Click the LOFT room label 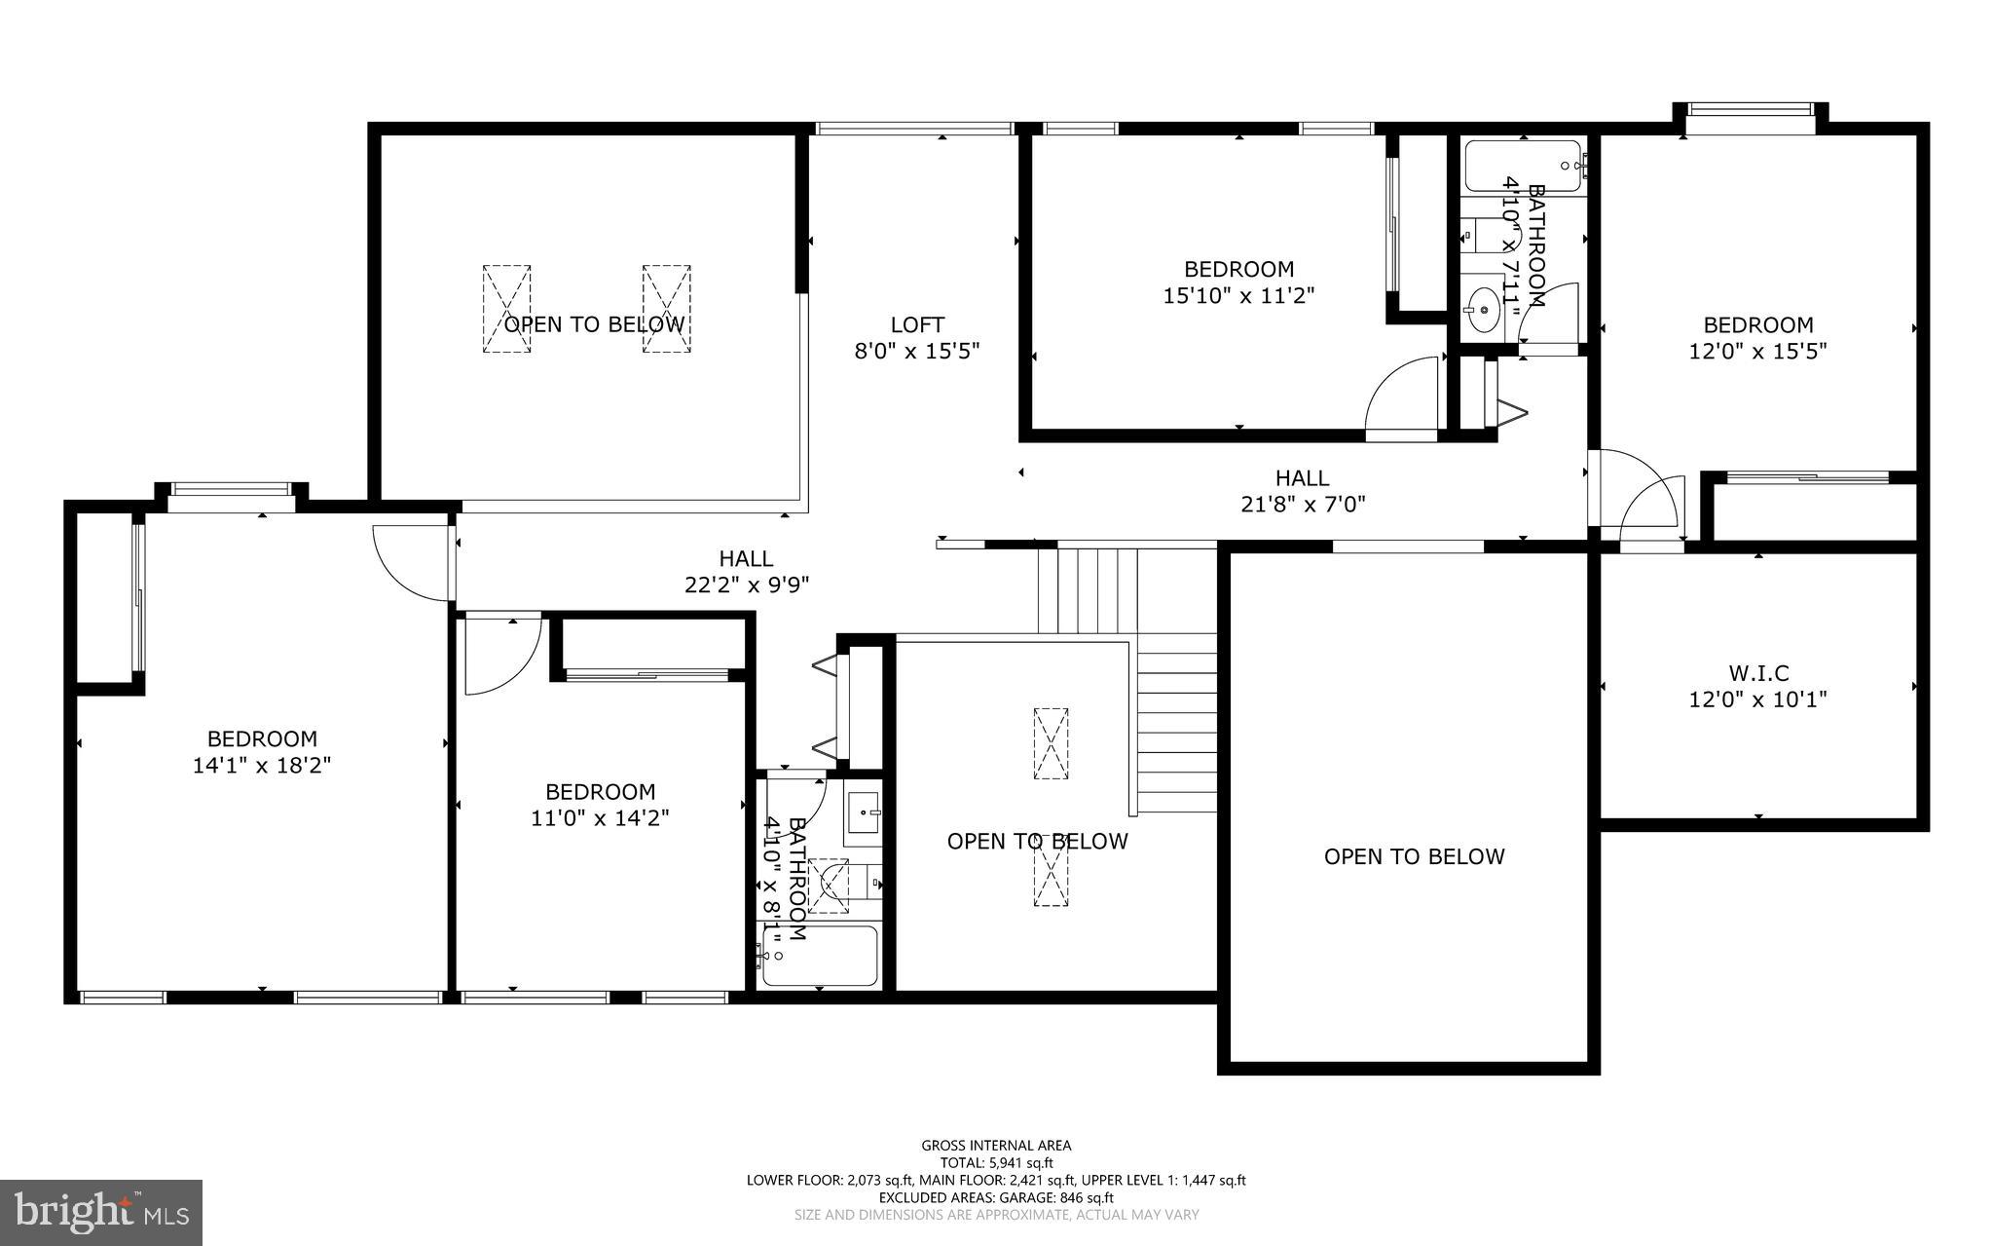point(917,324)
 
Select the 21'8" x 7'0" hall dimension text point(1302,505)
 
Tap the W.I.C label point(1758,673)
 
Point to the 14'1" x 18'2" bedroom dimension point(262,766)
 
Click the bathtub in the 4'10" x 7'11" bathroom point(1523,167)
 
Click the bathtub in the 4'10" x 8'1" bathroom point(819,957)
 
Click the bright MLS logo point(101,1212)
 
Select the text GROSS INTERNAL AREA point(996,1146)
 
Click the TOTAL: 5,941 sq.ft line point(996,1162)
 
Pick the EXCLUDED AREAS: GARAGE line point(996,1197)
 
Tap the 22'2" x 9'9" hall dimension point(747,585)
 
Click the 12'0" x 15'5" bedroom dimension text point(1757,351)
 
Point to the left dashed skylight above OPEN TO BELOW point(507,309)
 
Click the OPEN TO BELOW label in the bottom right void point(1414,856)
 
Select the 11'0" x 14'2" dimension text point(600,818)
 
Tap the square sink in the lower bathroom point(863,812)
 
